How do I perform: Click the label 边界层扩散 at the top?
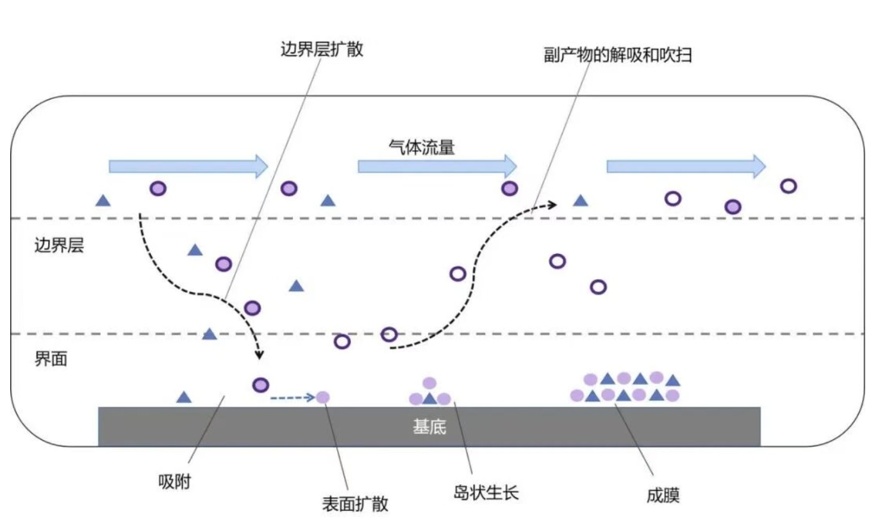pos(322,49)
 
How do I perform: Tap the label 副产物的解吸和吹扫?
pos(618,55)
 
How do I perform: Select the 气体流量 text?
pos(422,148)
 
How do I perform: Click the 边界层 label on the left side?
pos(59,246)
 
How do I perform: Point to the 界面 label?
pos(51,359)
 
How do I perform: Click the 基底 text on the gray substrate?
pos(429,427)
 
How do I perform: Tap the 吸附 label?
pos(174,481)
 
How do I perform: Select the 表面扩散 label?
pos(355,504)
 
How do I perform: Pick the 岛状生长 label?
pos(486,493)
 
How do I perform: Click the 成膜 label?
pos(663,495)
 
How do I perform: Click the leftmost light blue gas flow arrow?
pos(188,166)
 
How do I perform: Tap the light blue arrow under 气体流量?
pos(438,166)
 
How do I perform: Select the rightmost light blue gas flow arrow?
pos(686,166)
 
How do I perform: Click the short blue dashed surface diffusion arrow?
pos(293,398)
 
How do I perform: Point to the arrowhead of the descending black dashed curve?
pos(259,355)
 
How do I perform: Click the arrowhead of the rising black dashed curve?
pos(552,205)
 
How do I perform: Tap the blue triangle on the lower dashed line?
pos(210,334)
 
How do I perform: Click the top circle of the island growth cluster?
pos(429,383)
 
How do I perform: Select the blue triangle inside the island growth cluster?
pos(429,399)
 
